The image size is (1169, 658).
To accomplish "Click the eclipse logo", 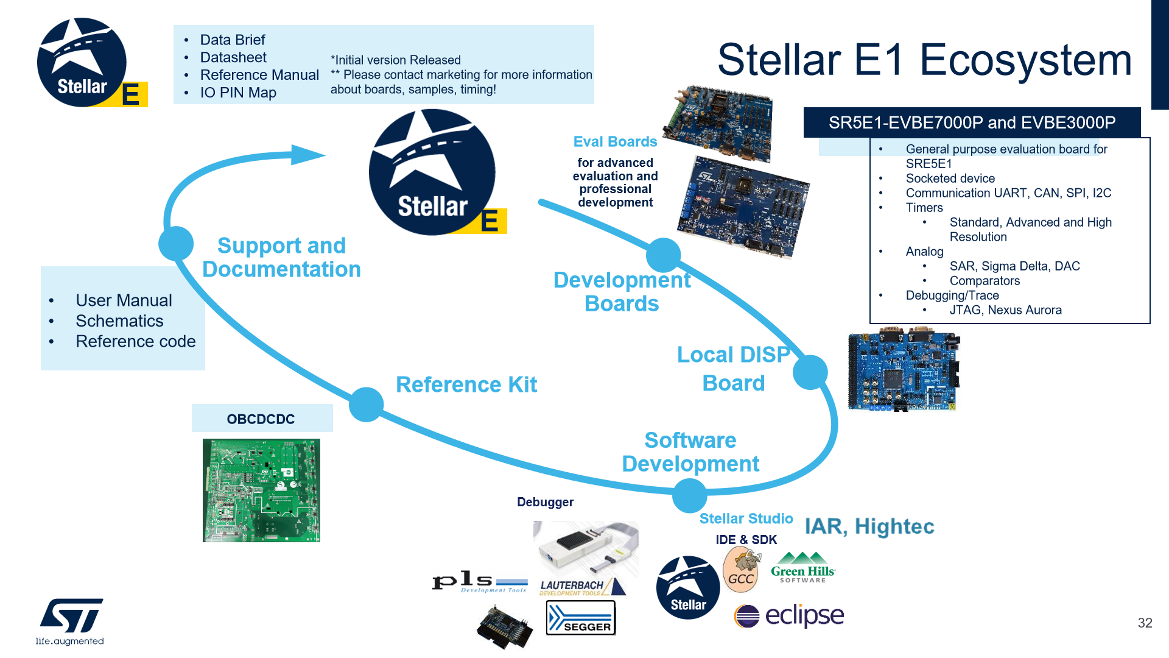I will click(x=789, y=615).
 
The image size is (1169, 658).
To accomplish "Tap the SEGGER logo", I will click(x=581, y=618).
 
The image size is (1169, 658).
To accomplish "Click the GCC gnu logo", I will click(x=742, y=570).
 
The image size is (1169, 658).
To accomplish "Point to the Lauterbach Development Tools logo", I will click(x=581, y=587).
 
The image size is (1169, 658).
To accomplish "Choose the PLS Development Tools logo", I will click(x=480, y=582).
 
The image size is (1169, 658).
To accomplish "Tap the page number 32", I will click(x=1145, y=623).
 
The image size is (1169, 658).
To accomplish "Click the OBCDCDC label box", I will click(x=262, y=419).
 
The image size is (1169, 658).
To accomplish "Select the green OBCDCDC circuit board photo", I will click(x=261, y=490).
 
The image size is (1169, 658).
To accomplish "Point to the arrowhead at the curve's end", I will click(x=307, y=155).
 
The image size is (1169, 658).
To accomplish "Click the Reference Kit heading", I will click(x=466, y=384).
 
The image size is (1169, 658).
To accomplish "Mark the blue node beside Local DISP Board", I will click(x=810, y=372).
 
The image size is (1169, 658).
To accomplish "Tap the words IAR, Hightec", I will click(x=869, y=526).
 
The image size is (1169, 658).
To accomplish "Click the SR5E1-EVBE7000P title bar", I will click(x=972, y=122).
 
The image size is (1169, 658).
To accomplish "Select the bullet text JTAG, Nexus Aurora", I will click(x=1005, y=310).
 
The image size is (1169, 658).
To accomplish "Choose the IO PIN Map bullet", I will click(x=238, y=93).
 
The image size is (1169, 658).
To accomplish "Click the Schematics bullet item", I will click(x=119, y=321).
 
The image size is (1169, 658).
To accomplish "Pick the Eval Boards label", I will click(x=615, y=141).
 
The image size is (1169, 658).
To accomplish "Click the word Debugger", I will click(x=545, y=502).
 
